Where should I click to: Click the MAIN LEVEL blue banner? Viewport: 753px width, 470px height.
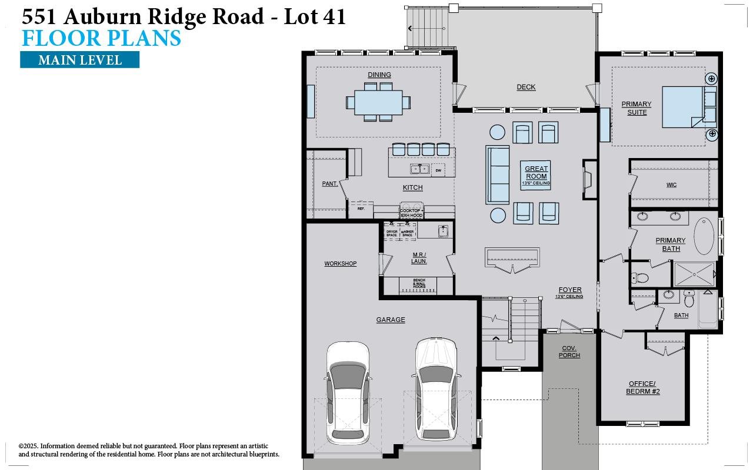pyautogui.click(x=79, y=60)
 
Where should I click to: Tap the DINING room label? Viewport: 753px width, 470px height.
pyautogui.click(x=379, y=75)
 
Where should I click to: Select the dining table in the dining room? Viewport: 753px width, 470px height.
pyautogui.click(x=378, y=102)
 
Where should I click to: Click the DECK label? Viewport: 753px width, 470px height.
pyautogui.click(x=526, y=87)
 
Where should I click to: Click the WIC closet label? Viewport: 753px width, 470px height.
pyautogui.click(x=671, y=184)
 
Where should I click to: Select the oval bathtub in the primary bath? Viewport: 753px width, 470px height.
pyautogui.click(x=704, y=236)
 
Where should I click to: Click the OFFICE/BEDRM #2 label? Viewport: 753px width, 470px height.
pyautogui.click(x=642, y=388)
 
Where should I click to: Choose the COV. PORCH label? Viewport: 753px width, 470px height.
pyautogui.click(x=569, y=352)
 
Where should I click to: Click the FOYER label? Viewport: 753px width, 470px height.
pyautogui.click(x=569, y=290)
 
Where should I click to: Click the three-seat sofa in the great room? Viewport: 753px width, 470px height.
pyautogui.click(x=498, y=174)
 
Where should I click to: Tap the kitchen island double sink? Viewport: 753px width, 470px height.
pyautogui.click(x=419, y=169)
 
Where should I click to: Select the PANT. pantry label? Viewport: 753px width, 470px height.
pyautogui.click(x=329, y=184)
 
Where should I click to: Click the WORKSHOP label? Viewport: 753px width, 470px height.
pyautogui.click(x=340, y=264)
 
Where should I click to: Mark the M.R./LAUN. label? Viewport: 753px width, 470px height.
pyautogui.click(x=419, y=258)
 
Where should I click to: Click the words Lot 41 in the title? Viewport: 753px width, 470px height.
pyautogui.click(x=314, y=16)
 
